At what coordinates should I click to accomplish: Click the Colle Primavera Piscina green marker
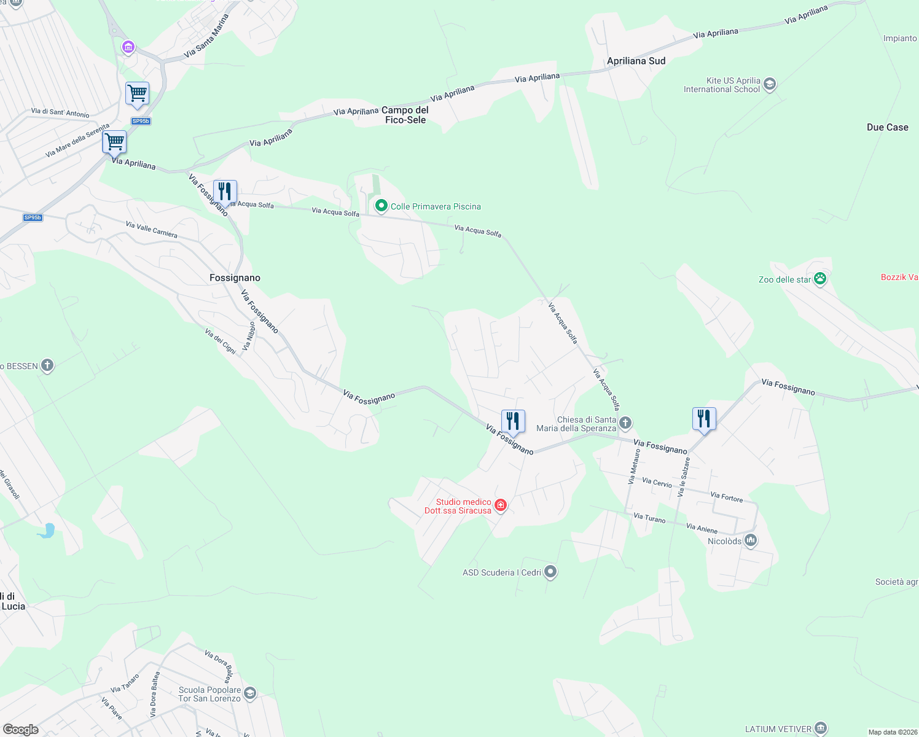[x=381, y=206]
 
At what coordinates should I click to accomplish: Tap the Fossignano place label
[x=235, y=278]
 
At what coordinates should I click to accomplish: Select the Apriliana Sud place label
[x=636, y=61]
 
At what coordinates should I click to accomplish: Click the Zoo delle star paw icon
[x=820, y=279]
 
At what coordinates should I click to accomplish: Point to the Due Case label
[x=887, y=128]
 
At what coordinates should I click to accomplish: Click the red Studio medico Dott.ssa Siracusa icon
[x=501, y=505]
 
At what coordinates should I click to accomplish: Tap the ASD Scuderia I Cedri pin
[x=550, y=572]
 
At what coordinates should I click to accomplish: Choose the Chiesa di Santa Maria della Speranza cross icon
[x=625, y=423]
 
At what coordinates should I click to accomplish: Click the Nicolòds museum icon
[x=750, y=541]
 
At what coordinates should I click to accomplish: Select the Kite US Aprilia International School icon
[x=770, y=84]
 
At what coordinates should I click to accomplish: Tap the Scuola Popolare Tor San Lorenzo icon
[x=250, y=694]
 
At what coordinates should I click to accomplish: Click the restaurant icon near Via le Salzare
[x=704, y=419]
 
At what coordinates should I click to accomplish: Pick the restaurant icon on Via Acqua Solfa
[x=225, y=192]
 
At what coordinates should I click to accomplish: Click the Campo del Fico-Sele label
[x=405, y=115]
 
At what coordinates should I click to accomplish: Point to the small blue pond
[x=47, y=531]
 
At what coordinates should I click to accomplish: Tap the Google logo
[x=21, y=730]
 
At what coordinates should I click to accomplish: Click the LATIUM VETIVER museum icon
[x=821, y=729]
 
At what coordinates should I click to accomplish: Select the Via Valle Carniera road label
[x=151, y=230]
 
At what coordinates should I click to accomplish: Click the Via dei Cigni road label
[x=221, y=341]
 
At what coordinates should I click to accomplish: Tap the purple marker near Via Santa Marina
[x=128, y=47]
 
